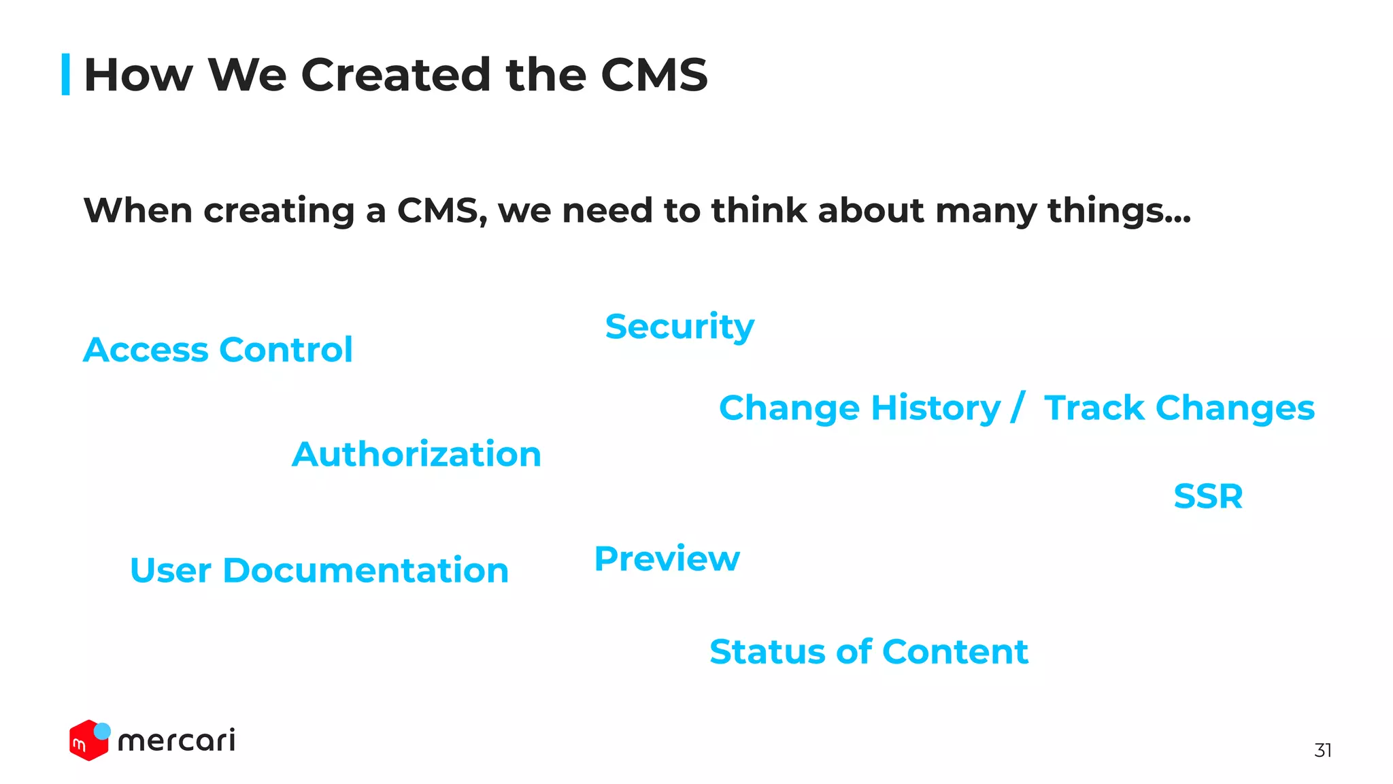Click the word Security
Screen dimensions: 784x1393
(x=679, y=327)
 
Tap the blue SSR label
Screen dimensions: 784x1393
(x=1208, y=497)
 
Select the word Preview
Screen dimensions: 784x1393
(x=667, y=559)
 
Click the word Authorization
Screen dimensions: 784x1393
(x=416, y=455)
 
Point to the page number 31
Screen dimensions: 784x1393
(x=1322, y=750)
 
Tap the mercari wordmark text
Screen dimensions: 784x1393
(x=177, y=740)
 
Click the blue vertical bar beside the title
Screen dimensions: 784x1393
(x=66, y=74)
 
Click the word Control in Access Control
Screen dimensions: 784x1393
(x=286, y=350)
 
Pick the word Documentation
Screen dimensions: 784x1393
(x=365, y=571)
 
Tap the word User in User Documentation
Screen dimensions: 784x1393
(x=171, y=571)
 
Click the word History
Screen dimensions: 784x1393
(x=935, y=409)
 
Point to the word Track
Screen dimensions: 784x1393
(x=1094, y=409)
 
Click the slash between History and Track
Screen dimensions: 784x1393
(x=1018, y=409)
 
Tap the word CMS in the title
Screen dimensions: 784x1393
(x=654, y=75)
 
